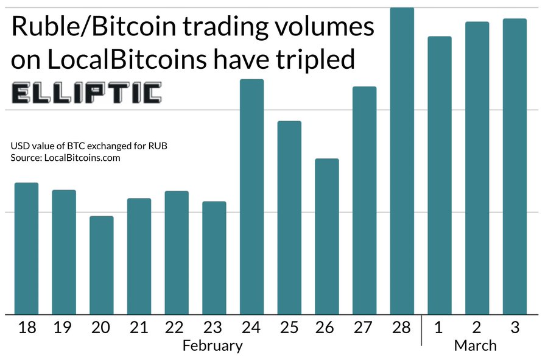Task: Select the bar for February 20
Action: point(102,265)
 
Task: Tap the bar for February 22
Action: point(177,252)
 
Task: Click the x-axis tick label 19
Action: point(64,328)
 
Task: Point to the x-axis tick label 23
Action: point(214,328)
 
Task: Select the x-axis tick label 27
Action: point(364,328)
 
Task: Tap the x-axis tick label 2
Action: point(477,328)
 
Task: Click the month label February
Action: point(213,346)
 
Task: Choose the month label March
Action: point(475,346)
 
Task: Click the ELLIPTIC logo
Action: point(86,93)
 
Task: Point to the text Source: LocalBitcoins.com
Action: point(66,158)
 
